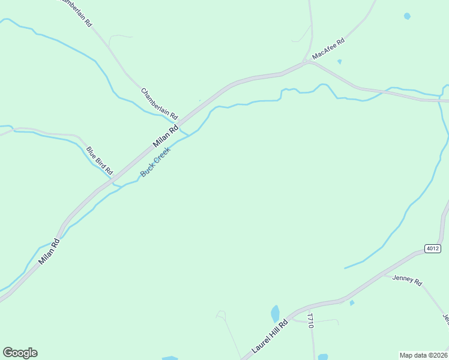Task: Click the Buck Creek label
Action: [x=155, y=162]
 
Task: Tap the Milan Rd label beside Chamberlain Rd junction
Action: [x=166, y=136]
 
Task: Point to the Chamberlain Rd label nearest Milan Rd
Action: [x=160, y=103]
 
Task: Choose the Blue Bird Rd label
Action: [x=100, y=160]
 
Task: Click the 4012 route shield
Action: [x=432, y=248]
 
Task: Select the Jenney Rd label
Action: [x=408, y=280]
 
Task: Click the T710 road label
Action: [x=310, y=320]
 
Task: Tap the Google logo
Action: [x=20, y=353]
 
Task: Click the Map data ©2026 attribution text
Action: [x=423, y=355]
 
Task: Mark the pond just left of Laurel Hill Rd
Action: [x=276, y=313]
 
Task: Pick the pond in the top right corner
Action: [x=408, y=16]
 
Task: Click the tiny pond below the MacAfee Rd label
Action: [x=340, y=61]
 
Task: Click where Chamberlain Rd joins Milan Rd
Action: [x=186, y=116]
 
